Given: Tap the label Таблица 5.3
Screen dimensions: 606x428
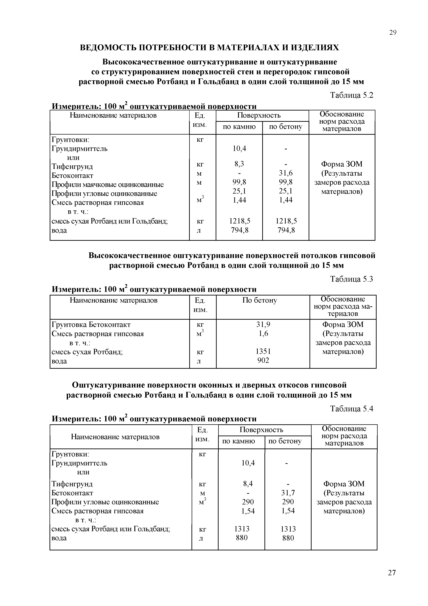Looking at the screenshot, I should pyautogui.click(x=352, y=279).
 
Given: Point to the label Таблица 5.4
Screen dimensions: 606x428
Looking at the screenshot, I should pyautogui.click(x=352, y=409).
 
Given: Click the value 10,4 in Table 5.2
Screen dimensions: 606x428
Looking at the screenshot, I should pyautogui.click(x=239, y=149).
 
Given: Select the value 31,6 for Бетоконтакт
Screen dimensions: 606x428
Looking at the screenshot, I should pyautogui.click(x=286, y=173).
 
